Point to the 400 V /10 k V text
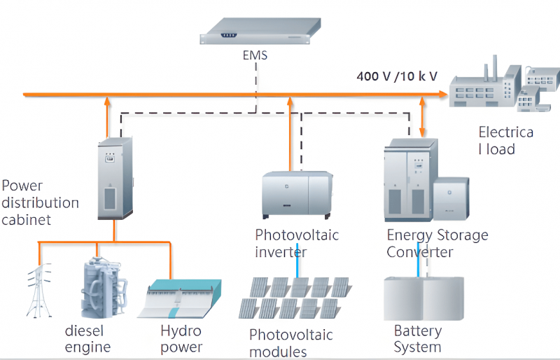pyautogui.click(x=397, y=76)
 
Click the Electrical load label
pyautogui.click(x=505, y=140)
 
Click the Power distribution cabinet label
pyautogui.click(x=39, y=202)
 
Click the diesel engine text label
pyautogui.click(x=88, y=338)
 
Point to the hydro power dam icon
pyautogui.click(x=183, y=298)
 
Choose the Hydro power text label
pyautogui.click(x=181, y=339)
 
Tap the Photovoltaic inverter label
pyautogui.click(x=297, y=243)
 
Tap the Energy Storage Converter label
pyautogui.click(x=437, y=243)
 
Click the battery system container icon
pyautogui.click(x=423, y=298)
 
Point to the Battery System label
pyautogui.click(x=418, y=338)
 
